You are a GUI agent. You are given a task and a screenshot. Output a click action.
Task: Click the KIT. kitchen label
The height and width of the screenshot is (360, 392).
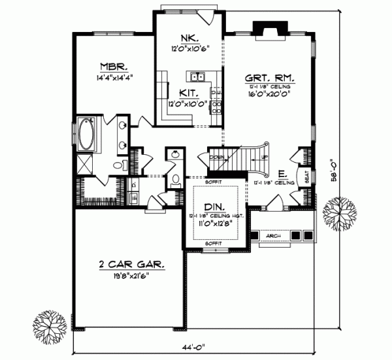pos(182,93)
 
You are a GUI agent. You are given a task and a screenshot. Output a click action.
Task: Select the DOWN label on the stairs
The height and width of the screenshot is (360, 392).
pos(216,157)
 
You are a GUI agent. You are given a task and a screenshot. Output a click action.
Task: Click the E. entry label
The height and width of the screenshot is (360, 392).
pos(281,174)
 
